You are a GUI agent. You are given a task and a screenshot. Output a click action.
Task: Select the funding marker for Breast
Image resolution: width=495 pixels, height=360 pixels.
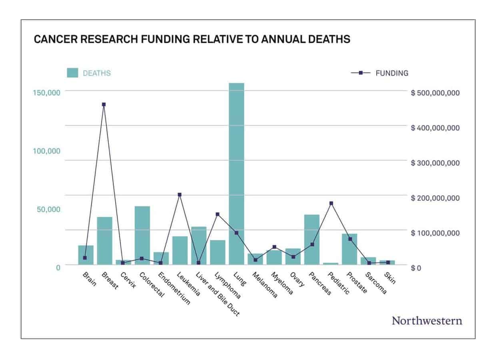(x=104, y=104)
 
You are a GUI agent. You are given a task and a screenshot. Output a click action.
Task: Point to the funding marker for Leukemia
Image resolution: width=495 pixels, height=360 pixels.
(x=180, y=195)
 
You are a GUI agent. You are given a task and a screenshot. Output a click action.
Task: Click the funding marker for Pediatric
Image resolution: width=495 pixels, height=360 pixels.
(x=331, y=203)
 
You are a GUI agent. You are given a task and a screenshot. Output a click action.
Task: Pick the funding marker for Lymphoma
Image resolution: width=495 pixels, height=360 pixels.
(x=218, y=214)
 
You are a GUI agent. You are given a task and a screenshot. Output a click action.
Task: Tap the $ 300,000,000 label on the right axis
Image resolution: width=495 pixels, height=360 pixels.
(x=435, y=163)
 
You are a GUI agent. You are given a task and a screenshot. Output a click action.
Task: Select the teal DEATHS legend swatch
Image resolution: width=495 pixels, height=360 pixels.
(x=72, y=73)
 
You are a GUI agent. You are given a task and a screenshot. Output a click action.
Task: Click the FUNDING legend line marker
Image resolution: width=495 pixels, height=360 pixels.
(x=360, y=73)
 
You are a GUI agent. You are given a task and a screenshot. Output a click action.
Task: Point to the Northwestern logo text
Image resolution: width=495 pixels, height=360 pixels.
(x=427, y=321)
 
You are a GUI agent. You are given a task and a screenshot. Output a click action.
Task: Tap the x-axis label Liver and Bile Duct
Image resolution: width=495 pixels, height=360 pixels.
(x=218, y=294)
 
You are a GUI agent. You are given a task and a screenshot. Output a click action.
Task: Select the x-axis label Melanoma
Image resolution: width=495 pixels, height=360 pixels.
(x=265, y=286)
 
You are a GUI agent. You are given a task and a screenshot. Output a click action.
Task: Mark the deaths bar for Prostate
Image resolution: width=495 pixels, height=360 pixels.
(x=349, y=249)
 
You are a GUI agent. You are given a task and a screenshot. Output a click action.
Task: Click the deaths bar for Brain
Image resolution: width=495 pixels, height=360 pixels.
(x=86, y=255)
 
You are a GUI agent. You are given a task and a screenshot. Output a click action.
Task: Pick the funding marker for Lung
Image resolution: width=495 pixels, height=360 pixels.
(x=236, y=233)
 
